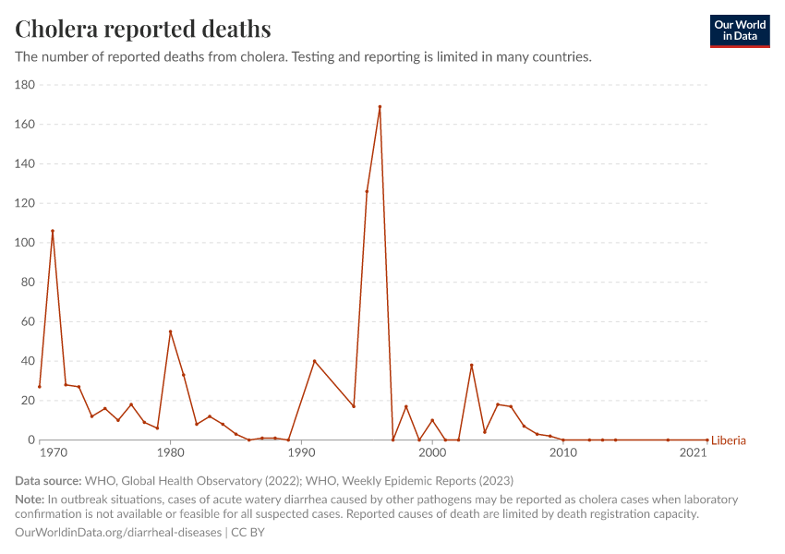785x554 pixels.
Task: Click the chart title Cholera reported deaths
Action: click(x=143, y=29)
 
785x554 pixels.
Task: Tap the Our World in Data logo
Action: click(x=739, y=30)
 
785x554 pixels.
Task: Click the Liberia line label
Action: click(x=729, y=440)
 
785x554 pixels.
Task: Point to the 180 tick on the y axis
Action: click(x=25, y=85)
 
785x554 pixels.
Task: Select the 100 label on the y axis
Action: click(x=25, y=243)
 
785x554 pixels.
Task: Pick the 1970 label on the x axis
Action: click(x=53, y=453)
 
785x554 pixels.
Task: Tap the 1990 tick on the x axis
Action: click(x=301, y=453)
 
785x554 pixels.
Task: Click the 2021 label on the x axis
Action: click(x=694, y=453)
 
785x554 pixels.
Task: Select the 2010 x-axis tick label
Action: click(x=563, y=453)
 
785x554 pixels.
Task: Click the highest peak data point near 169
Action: click(x=380, y=107)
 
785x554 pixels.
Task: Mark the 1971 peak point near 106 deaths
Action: click(x=53, y=231)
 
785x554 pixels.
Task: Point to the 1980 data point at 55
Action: click(x=170, y=331)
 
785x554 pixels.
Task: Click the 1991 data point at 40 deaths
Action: click(x=314, y=361)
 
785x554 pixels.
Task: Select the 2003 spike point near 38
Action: click(x=471, y=365)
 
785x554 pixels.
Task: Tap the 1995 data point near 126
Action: click(x=367, y=191)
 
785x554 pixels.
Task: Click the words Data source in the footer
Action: click(x=48, y=481)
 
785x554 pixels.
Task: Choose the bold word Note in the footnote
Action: click(x=30, y=500)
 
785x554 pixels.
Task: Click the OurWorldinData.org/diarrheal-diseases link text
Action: click(x=118, y=533)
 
